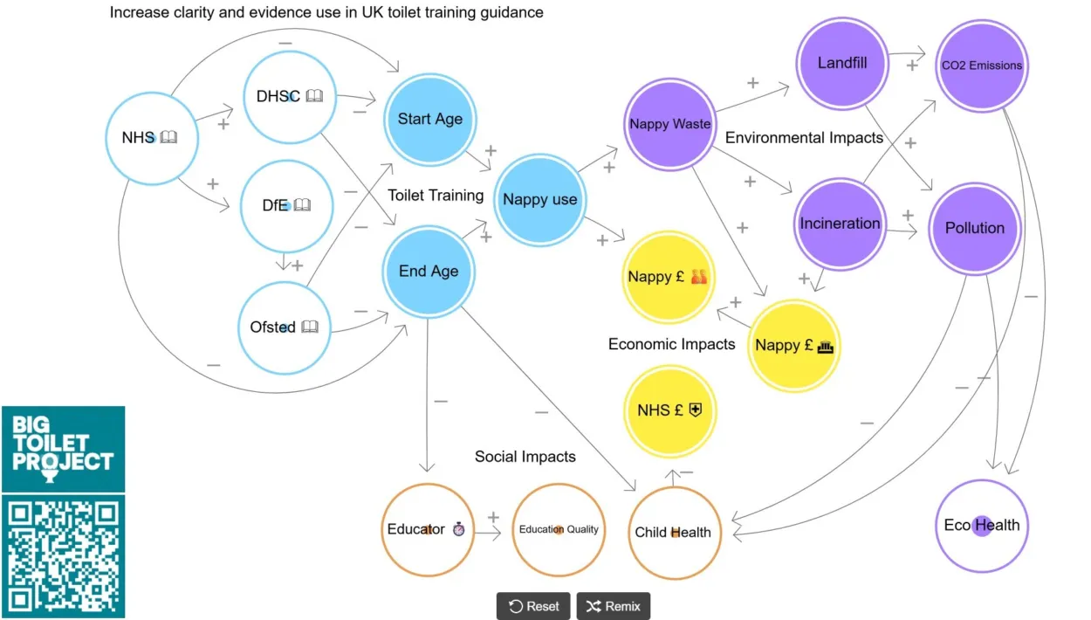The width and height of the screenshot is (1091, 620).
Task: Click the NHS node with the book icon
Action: pos(152,138)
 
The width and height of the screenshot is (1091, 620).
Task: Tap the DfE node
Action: pos(286,206)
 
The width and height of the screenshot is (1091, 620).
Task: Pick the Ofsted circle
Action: pos(285,327)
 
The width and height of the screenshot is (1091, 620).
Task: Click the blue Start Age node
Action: pos(430,120)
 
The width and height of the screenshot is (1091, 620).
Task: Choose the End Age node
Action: pos(429,272)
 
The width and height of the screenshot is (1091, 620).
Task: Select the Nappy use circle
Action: pos(539,200)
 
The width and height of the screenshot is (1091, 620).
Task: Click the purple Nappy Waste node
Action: pos(670,124)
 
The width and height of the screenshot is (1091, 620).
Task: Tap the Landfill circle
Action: pos(842,63)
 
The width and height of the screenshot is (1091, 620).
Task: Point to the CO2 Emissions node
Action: pos(981,65)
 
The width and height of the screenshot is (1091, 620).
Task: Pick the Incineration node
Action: pos(840,224)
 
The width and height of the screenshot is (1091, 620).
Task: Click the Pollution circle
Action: pos(975,228)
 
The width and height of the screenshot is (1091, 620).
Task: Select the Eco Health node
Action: pos(982,526)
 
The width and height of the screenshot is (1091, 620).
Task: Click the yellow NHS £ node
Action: pos(670,410)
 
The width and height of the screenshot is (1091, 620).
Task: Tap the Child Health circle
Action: pos(675,532)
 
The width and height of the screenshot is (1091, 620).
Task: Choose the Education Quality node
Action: pos(559,529)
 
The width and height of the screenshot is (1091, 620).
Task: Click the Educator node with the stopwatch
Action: pos(428,529)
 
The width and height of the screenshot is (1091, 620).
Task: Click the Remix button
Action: pos(613,606)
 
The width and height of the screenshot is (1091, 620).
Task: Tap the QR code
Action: pos(63,556)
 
